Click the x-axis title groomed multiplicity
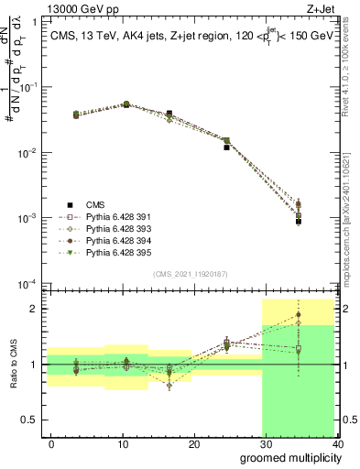coord(289,457)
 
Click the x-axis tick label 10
coord(123,444)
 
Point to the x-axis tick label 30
coord(266,444)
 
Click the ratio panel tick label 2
coord(33,309)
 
